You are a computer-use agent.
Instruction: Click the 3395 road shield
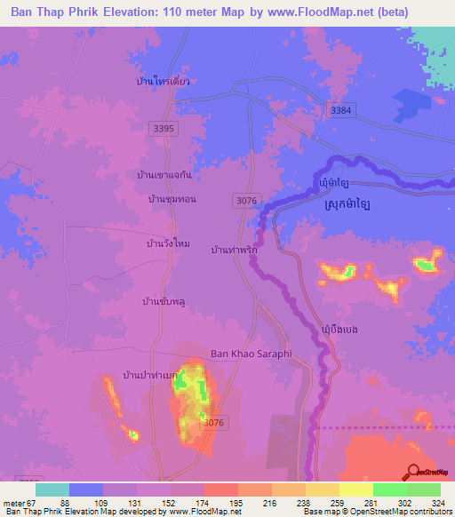(164, 129)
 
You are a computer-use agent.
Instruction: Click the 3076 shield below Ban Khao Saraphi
(214, 422)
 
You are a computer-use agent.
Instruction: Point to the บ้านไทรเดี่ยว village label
(163, 81)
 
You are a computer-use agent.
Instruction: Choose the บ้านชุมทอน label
(173, 199)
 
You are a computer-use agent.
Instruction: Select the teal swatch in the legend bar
(52, 489)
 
